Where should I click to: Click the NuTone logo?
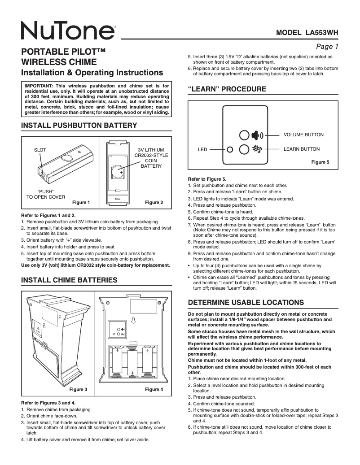pos(67,31)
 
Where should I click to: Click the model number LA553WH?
pos(307,32)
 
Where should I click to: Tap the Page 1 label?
pos(327,46)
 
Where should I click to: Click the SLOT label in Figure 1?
pos(40,150)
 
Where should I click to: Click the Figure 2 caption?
pos(154,203)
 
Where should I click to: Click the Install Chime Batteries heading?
pos(70,280)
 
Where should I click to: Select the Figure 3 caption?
pos(78,390)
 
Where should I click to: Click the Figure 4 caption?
pos(154,390)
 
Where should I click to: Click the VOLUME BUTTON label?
pos(303,135)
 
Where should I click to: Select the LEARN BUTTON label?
pos(302,149)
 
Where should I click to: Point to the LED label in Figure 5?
pos(202,149)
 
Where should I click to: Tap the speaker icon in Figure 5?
pos(257,135)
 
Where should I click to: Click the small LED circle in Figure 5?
pos(230,149)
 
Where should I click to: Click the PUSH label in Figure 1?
pos(45,191)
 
